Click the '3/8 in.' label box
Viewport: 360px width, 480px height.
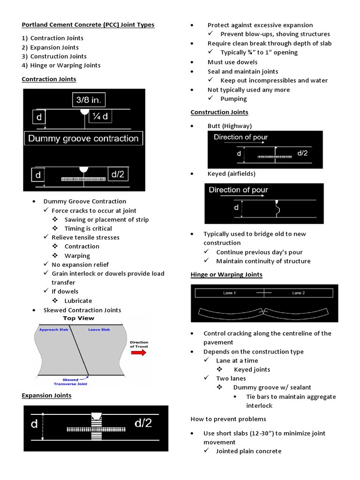pyautogui.click(x=89, y=100)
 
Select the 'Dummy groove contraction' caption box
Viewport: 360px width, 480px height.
pyautogui.click(x=83, y=138)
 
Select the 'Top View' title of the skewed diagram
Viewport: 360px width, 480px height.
pyautogui.click(x=79, y=318)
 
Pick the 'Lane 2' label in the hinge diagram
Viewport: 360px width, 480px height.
pyautogui.click(x=299, y=293)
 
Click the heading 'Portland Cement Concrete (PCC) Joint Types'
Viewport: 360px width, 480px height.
pyautogui.click(x=88, y=25)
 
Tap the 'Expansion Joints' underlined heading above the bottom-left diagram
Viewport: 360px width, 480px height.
pyautogui.click(x=47, y=396)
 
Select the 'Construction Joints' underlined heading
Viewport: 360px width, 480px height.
pyautogui.click(x=219, y=112)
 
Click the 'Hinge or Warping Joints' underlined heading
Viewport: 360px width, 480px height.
pyautogui.click(x=226, y=275)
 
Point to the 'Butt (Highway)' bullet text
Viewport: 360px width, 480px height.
pyautogui.click(x=230, y=126)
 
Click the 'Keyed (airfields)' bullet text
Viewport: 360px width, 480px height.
pyautogui.click(x=232, y=174)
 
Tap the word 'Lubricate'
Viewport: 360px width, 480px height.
pyautogui.click(x=78, y=301)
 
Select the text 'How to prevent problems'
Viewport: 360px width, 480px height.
pyautogui.click(x=228, y=419)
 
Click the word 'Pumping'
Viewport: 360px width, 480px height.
pyautogui.click(x=233, y=99)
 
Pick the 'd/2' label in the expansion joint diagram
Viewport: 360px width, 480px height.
pyautogui.click(x=143, y=423)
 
